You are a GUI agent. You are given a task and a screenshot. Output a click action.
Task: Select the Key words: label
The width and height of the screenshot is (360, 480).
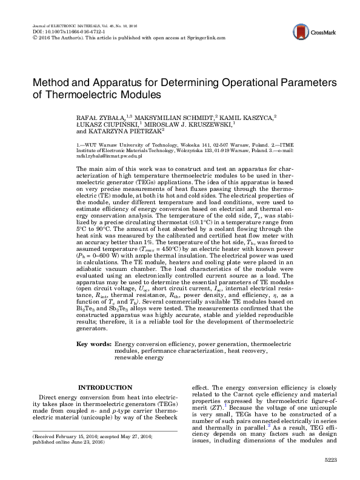(x=94, y=344)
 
